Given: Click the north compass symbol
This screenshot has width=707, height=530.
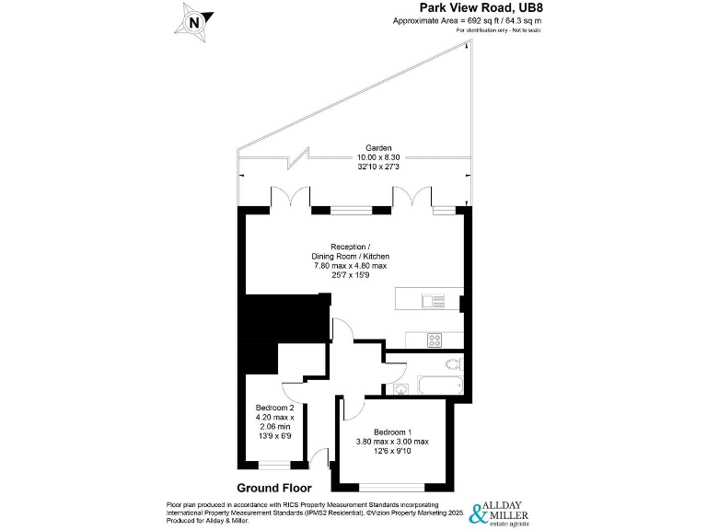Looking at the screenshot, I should tap(195, 21).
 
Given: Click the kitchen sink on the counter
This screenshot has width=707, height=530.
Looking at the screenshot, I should tap(433, 300).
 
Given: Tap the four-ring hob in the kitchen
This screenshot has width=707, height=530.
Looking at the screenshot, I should tap(435, 340).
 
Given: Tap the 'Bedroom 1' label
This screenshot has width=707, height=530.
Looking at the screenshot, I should tap(392, 432).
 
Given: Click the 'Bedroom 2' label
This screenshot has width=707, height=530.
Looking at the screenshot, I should tap(274, 409).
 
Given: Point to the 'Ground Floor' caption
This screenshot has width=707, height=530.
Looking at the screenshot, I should tap(274, 488).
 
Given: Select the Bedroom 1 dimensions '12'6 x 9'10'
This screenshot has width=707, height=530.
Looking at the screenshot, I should tap(392, 452).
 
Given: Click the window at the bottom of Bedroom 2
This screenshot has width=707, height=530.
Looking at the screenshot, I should tap(274, 465).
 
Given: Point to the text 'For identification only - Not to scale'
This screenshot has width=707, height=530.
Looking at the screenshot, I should tap(498, 30).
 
